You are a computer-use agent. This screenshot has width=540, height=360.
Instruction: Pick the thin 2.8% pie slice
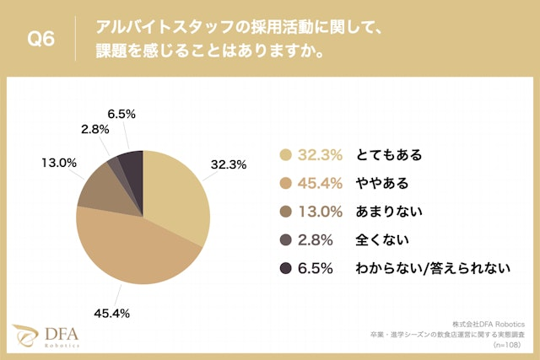113,160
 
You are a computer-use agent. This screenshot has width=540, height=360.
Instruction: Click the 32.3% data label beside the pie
228,165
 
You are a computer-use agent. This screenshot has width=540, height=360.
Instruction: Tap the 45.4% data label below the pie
111,314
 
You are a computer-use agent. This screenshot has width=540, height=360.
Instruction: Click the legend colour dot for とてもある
285,155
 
